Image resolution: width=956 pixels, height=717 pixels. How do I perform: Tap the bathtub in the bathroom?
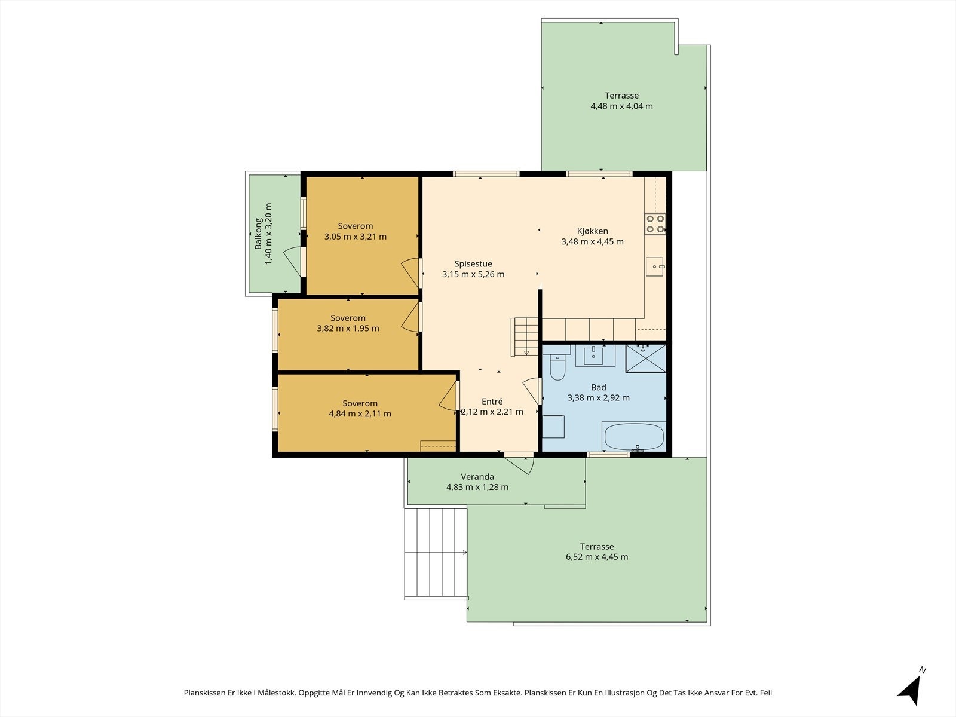pyautogui.click(x=634, y=436)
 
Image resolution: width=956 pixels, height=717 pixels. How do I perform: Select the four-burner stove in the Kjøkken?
pyautogui.click(x=655, y=223)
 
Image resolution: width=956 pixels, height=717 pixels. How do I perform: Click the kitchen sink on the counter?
pyautogui.click(x=655, y=266)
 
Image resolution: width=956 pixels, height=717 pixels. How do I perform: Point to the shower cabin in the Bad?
pyautogui.click(x=646, y=358)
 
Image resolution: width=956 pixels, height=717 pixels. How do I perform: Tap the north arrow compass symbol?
pyautogui.click(x=911, y=689)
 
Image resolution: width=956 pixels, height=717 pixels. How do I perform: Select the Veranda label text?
pyautogui.click(x=477, y=477)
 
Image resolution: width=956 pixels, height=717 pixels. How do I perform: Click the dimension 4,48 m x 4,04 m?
pyautogui.click(x=621, y=106)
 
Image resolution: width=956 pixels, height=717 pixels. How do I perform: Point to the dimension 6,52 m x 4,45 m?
pyautogui.click(x=597, y=557)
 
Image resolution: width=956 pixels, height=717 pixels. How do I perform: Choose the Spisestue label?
pyautogui.click(x=473, y=264)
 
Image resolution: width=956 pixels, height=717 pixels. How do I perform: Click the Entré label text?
pyautogui.click(x=492, y=402)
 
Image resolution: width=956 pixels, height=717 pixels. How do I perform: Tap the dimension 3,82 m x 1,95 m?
pyautogui.click(x=348, y=329)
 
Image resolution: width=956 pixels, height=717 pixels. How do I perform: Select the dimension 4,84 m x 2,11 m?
pyautogui.click(x=360, y=413)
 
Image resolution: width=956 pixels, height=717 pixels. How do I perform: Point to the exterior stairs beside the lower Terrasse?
pyautogui.click(x=436, y=553)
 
